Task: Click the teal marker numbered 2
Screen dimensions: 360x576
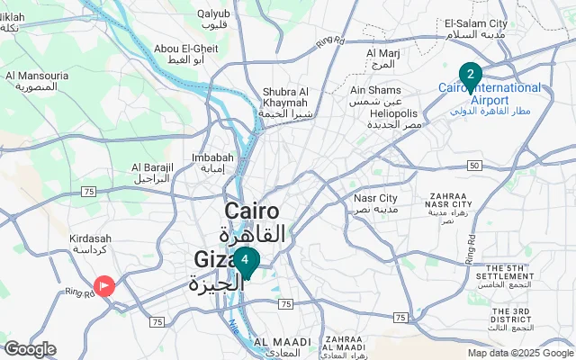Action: [470, 74]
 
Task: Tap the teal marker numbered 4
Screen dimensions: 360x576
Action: [245, 261]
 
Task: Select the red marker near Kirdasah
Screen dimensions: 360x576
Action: [105, 286]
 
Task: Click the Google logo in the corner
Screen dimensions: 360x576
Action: [31, 349]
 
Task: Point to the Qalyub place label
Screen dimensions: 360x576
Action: [213, 20]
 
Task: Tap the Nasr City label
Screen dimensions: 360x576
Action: [376, 198]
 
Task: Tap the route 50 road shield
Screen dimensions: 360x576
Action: [474, 165]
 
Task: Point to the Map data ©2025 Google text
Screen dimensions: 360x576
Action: [519, 353]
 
